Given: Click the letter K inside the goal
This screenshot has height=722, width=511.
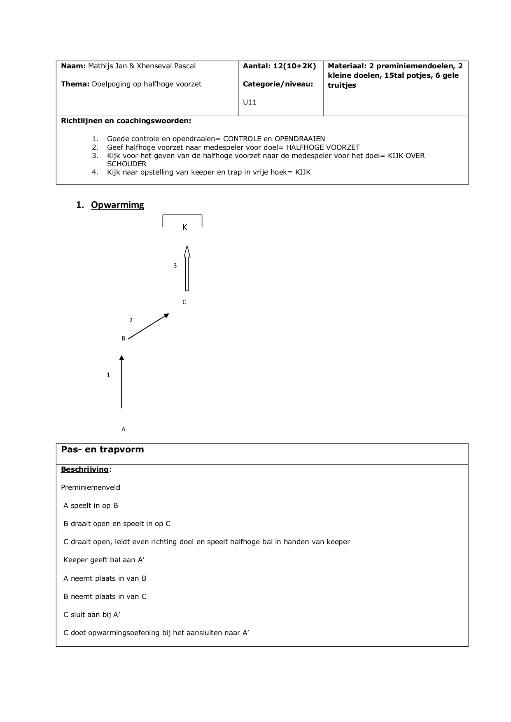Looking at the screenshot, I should tap(185, 227).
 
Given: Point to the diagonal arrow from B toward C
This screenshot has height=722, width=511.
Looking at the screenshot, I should tap(149, 326).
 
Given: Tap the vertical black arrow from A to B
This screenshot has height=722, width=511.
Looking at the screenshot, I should tap(121, 382).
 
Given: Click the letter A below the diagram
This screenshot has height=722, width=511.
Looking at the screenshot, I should tap(124, 429).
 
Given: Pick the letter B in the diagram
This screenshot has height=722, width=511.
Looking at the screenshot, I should tap(123, 338).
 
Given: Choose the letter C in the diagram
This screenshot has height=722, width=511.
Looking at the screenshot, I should tap(184, 302).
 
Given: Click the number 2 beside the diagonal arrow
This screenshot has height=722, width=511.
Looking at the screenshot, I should tap(131, 320).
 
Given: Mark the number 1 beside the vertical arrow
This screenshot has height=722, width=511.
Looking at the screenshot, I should tap(108, 375).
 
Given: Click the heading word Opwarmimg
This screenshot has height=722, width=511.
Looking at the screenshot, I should tap(117, 205).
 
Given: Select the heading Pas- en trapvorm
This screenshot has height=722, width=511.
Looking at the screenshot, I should tap(103, 450).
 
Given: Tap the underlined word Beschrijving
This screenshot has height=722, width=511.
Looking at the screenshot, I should tap(85, 469).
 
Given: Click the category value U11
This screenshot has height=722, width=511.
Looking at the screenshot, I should tap(250, 102).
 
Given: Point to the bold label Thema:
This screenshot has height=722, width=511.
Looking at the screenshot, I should tap(75, 84).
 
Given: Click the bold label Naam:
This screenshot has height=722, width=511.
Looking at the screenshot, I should tap(73, 66).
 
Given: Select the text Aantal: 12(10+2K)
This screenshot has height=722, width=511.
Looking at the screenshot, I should tap(279, 66).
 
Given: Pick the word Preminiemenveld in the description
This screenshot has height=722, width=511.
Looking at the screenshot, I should tap(91, 487).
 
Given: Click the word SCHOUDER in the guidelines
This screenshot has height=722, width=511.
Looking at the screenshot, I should tap(127, 164).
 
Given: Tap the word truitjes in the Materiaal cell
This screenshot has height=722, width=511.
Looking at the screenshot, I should tap(342, 86).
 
